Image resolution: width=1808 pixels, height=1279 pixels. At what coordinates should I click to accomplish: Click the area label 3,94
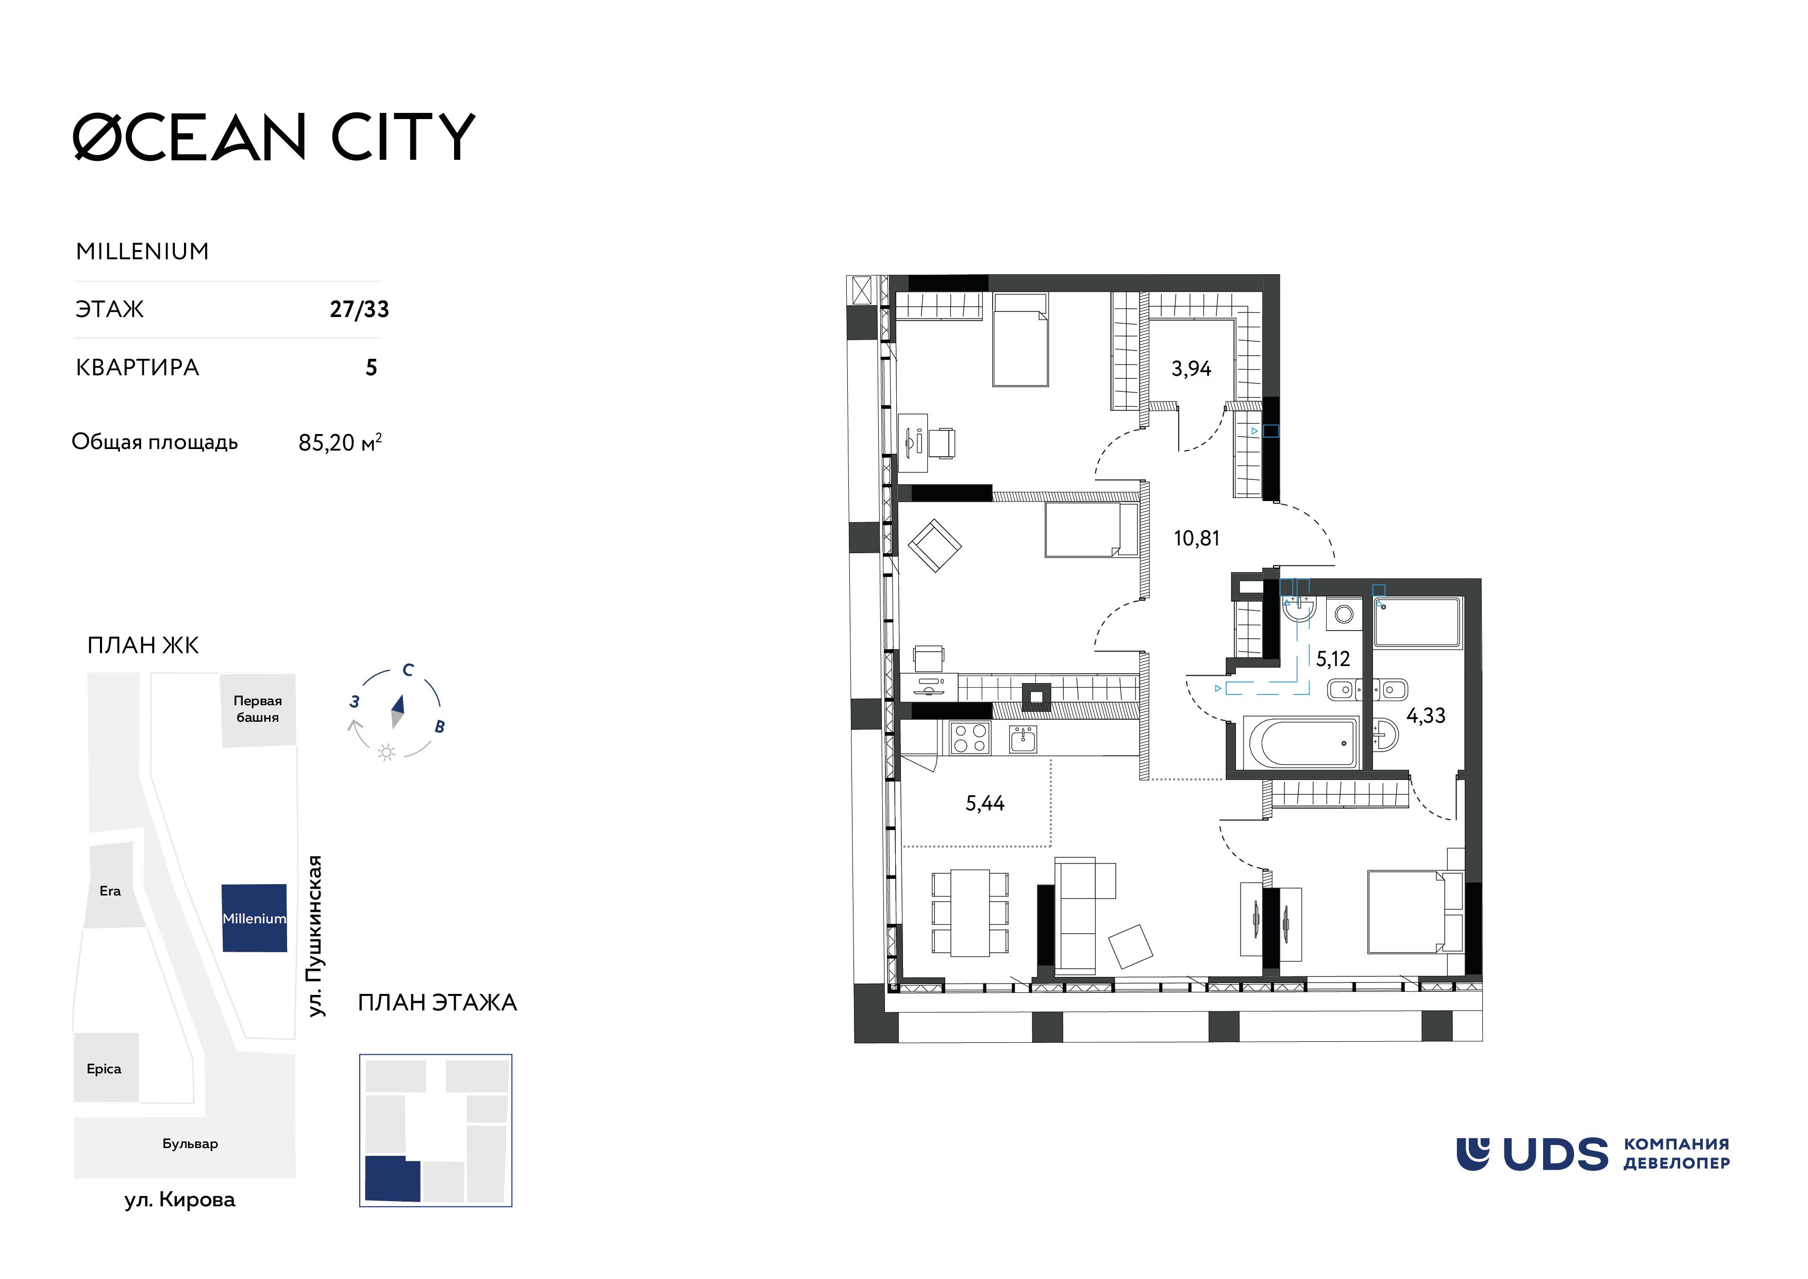click(1191, 369)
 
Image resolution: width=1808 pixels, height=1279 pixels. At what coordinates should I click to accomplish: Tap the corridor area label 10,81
click(1196, 539)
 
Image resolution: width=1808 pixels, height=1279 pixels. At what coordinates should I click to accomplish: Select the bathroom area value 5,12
click(1332, 658)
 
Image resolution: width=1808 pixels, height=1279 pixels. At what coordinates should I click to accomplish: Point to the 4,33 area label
click(1425, 716)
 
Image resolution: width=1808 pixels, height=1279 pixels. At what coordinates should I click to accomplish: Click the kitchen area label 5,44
click(984, 803)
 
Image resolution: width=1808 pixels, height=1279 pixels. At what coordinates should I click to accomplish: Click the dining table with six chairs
click(969, 913)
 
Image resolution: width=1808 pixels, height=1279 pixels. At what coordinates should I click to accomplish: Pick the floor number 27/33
click(359, 309)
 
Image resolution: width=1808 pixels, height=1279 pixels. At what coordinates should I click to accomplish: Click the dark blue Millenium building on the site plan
click(254, 918)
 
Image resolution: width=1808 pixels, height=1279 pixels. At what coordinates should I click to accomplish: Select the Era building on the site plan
click(110, 891)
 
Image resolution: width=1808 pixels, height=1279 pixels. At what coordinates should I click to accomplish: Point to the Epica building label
click(104, 1069)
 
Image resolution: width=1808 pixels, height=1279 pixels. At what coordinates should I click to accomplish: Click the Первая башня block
click(258, 709)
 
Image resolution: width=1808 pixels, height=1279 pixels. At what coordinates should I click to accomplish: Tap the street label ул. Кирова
click(179, 1200)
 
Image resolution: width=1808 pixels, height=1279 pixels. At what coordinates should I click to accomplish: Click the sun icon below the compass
click(386, 753)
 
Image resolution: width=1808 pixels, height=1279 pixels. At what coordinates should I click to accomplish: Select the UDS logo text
click(1555, 1155)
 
